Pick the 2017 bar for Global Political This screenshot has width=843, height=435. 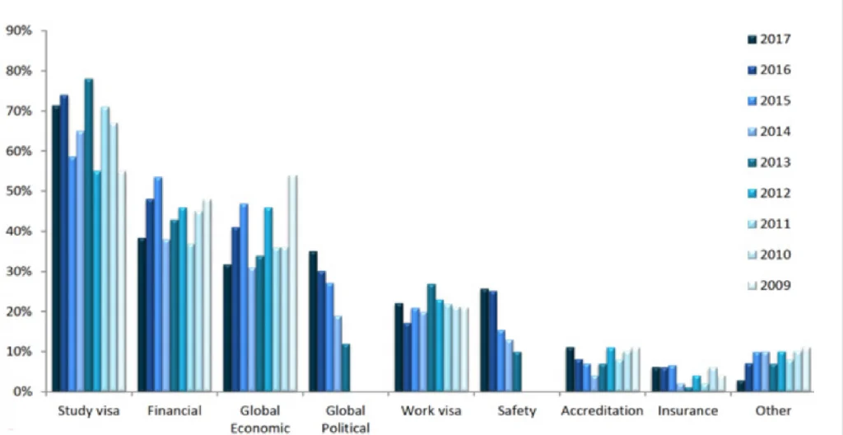pos(313,321)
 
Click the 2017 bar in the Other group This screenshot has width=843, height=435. pos(741,386)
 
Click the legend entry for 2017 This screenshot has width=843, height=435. pos(769,39)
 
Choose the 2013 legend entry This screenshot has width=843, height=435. pos(769,162)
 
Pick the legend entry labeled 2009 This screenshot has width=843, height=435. pos(769,286)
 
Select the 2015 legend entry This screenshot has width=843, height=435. pos(769,101)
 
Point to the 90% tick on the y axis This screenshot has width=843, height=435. pos(19,30)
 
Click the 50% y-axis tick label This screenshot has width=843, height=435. pos(19,191)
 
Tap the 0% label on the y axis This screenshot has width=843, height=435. pos(22,391)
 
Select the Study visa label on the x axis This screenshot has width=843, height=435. pos(86,410)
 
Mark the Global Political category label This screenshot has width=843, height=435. pos(346,419)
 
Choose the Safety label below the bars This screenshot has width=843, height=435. pos(517,410)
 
